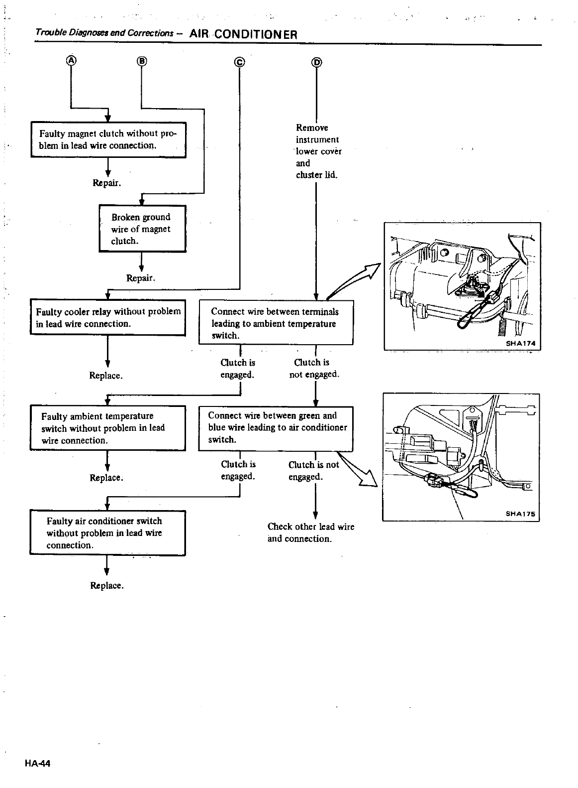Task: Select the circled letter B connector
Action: (x=142, y=61)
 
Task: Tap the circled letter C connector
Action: (x=240, y=62)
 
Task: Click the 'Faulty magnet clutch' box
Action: (x=108, y=139)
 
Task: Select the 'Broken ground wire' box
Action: (x=142, y=229)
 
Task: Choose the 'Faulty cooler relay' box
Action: (x=108, y=317)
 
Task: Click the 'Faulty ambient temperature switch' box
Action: (x=107, y=428)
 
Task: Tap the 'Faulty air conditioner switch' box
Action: (x=107, y=532)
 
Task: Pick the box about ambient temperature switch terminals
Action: (x=276, y=323)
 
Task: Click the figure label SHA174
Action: (x=519, y=343)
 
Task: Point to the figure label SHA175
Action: (x=520, y=515)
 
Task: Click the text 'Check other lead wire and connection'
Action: (x=310, y=532)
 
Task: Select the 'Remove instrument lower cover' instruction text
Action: (x=317, y=151)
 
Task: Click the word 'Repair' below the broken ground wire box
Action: (x=141, y=277)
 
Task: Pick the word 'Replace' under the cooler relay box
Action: (x=106, y=375)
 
